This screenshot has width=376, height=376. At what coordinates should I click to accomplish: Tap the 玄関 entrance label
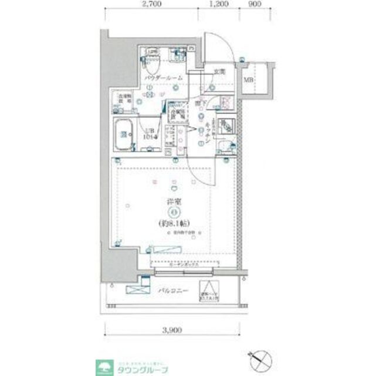click(219, 72)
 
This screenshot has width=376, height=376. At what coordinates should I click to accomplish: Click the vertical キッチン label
click(208, 136)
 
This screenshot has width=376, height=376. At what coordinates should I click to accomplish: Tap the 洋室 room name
click(173, 203)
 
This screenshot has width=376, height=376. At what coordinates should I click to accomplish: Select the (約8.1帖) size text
click(173, 223)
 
